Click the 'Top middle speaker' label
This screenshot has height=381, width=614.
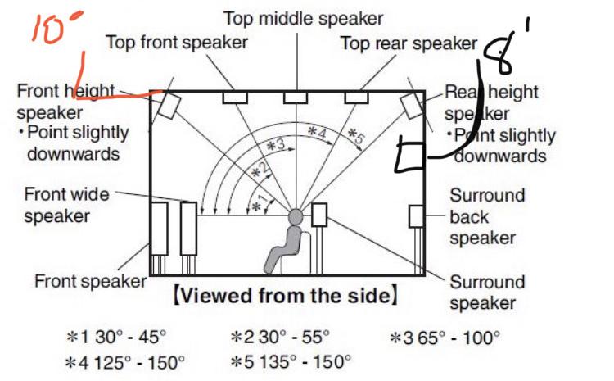pyautogui.click(x=305, y=17)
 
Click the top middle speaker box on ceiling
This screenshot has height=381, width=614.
pyautogui.click(x=295, y=98)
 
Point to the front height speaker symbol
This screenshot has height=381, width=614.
pyautogui.click(x=169, y=105)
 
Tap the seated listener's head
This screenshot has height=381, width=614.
pyautogui.click(x=296, y=217)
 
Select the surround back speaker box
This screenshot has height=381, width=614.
pyautogui.click(x=417, y=216)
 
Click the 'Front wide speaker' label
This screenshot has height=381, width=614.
pyautogui.click(x=67, y=206)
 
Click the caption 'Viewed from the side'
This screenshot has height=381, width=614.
pyautogui.click(x=291, y=296)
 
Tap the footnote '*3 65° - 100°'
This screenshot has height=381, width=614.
pyautogui.click(x=445, y=336)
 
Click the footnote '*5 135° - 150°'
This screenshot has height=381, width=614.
pyautogui.click(x=292, y=361)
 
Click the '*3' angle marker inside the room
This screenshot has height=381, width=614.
pyautogui.click(x=276, y=147)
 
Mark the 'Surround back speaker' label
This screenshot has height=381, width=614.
pyautogui.click(x=487, y=216)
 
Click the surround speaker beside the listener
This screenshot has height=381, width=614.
pyautogui.click(x=319, y=215)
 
